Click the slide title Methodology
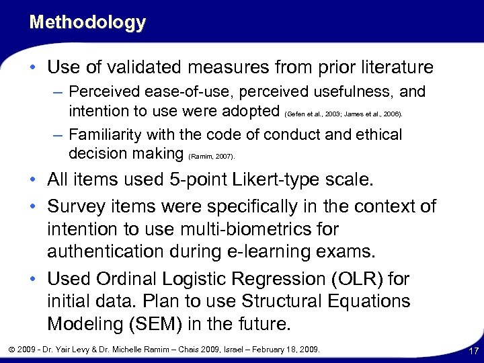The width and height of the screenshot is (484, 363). pos(87,22)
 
